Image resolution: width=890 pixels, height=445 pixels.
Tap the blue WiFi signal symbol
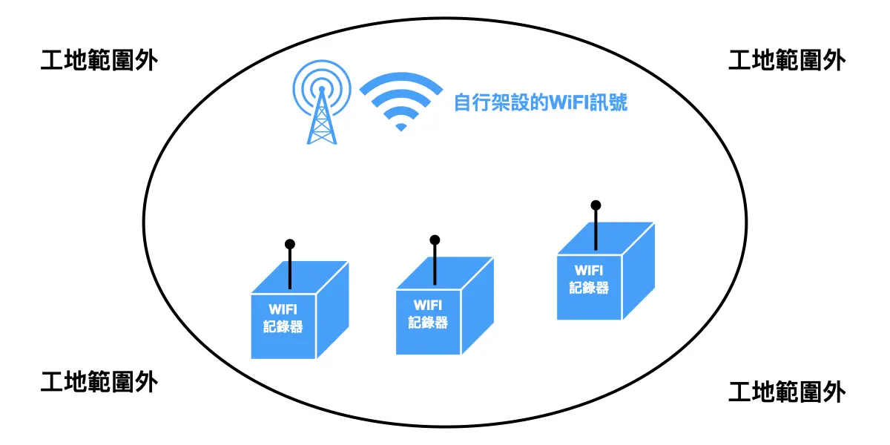tap(401, 101)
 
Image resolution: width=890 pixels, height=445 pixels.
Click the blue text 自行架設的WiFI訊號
tap(541, 102)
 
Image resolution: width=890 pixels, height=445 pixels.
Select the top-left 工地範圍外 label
tap(99, 60)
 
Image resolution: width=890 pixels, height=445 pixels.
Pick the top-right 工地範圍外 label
tap(787, 60)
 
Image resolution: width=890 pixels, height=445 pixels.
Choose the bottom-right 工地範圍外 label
tap(787, 391)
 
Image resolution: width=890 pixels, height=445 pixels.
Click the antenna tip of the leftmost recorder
tap(290, 244)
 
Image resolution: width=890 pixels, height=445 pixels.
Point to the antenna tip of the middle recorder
tap(435, 240)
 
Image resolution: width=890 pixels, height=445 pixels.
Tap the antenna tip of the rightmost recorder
tap(595, 205)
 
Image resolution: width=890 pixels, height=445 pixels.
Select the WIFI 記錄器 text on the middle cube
tap(428, 314)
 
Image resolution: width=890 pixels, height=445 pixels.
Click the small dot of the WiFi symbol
tap(401, 127)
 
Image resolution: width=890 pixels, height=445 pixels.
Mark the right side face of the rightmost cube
tap(638, 271)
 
